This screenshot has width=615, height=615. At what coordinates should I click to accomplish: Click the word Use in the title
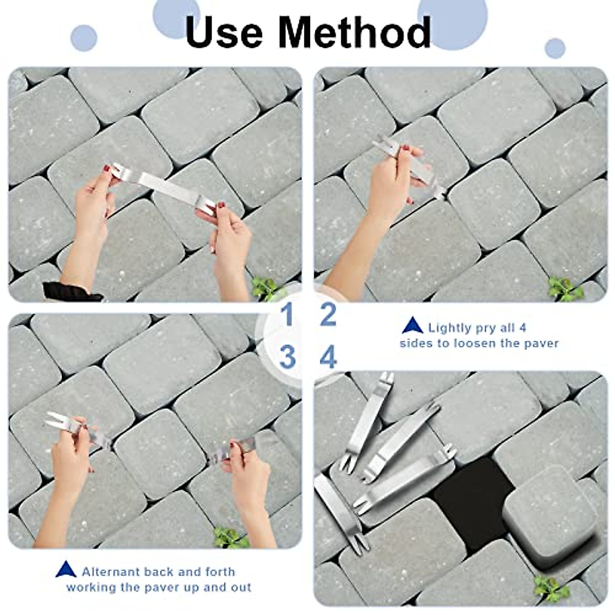(224, 32)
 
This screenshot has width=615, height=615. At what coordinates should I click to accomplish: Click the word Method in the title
(354, 32)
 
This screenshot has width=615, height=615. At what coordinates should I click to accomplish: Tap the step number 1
(286, 314)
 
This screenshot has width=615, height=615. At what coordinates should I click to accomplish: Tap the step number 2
(328, 314)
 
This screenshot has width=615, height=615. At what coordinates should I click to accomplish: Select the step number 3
(287, 357)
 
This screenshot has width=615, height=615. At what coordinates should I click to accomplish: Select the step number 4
(328, 357)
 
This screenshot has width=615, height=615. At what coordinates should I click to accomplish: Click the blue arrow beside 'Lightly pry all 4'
(413, 326)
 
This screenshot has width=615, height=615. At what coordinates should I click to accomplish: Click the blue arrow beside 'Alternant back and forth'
(66, 569)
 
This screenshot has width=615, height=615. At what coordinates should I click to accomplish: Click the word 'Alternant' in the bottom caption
(111, 571)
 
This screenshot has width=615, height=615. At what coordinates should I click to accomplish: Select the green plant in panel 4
(551, 588)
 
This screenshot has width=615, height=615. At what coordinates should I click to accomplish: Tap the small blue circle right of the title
(555, 48)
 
